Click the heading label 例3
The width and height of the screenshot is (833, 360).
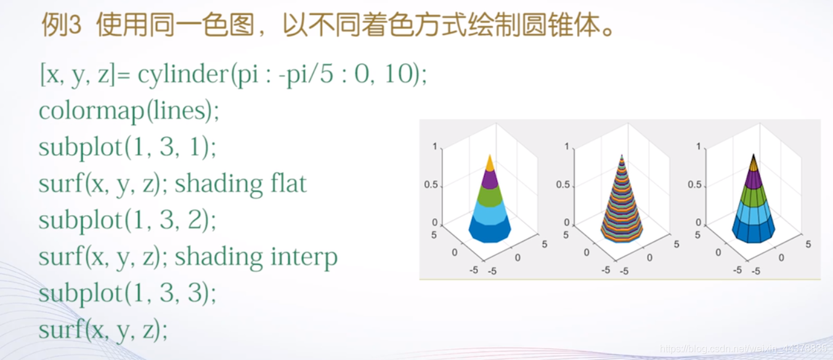[x=61, y=25]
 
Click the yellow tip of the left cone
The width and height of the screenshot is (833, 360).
[x=490, y=163]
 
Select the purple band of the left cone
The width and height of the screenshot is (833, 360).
[x=490, y=179]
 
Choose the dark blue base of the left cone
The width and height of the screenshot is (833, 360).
[x=490, y=231]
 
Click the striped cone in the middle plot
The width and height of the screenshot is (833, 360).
[x=622, y=203]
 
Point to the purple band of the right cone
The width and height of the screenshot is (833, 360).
[x=754, y=179]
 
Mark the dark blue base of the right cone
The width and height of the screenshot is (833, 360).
[x=754, y=231]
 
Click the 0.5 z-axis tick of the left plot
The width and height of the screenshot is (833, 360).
[x=431, y=184]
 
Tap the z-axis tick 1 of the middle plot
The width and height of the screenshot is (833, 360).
[x=567, y=147]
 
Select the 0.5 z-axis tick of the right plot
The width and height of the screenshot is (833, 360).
[x=694, y=184]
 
